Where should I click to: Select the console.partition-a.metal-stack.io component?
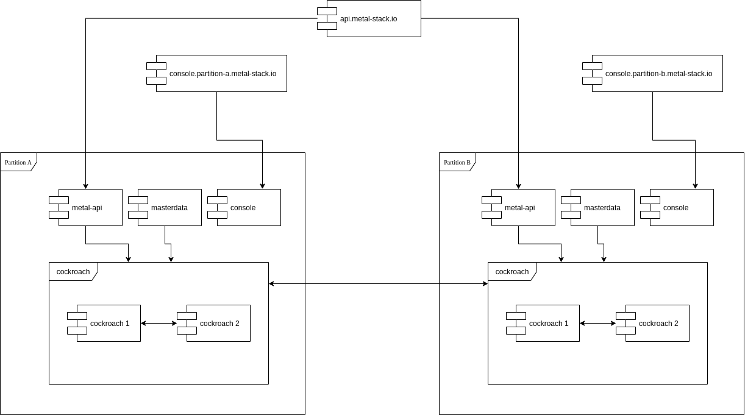[221, 74]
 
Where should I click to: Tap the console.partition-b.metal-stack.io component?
[657, 74]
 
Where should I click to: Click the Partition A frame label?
[18, 162]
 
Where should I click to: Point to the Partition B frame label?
[457, 162]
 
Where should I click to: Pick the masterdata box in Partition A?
[169, 208]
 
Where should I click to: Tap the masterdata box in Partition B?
[602, 208]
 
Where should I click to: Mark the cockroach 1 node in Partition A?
[108, 324]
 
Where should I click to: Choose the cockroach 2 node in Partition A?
[218, 324]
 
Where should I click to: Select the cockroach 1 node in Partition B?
[547, 324]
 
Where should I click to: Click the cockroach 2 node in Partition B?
[657, 324]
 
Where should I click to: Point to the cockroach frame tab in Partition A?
[73, 272]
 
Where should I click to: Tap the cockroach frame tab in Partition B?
[512, 272]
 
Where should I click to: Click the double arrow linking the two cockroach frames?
[378, 283]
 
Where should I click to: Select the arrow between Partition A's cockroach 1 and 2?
[159, 324]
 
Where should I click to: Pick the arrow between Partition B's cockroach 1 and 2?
[597, 324]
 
